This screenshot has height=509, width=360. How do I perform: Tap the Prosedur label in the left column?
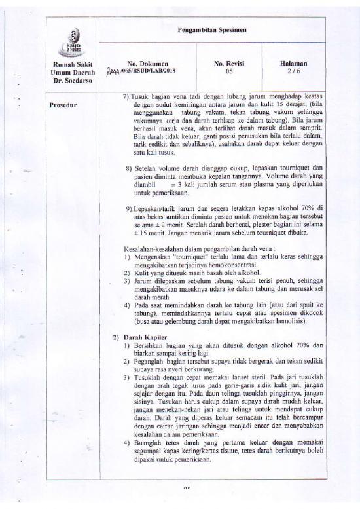pyautogui.click(x=63, y=105)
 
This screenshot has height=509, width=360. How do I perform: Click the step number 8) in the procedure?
pyautogui.click(x=129, y=168)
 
